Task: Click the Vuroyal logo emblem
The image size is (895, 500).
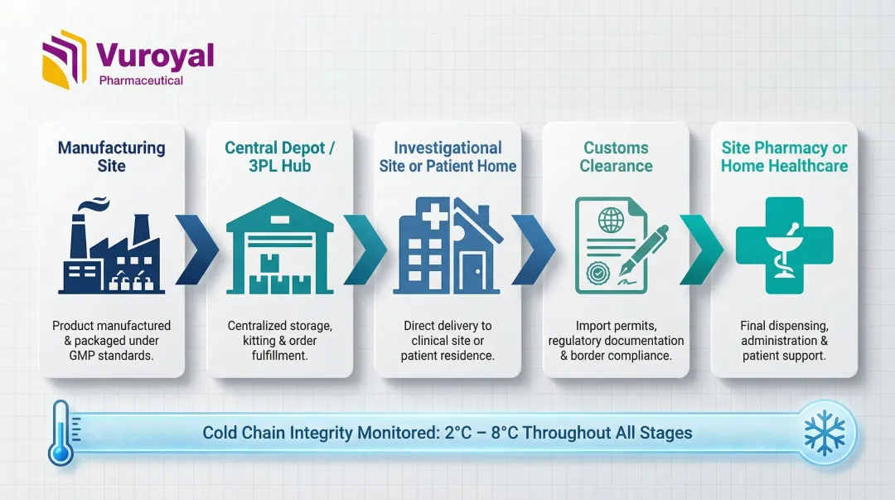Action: pos(64,60)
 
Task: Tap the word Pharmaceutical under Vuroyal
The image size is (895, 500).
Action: pos(141,80)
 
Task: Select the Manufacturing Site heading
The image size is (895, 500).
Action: pos(111,157)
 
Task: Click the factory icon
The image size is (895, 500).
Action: pos(111,245)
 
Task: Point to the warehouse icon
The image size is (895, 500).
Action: pos(280,245)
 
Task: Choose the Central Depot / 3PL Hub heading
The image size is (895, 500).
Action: pos(280,157)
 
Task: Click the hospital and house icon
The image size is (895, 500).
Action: pos(447,245)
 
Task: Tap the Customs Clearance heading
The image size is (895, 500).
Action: pos(616,157)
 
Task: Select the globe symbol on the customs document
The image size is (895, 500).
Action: pos(611,220)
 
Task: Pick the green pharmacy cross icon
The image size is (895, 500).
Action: pos(784,245)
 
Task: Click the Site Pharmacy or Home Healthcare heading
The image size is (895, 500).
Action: pos(784,157)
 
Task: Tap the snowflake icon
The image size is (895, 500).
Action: pos(825,434)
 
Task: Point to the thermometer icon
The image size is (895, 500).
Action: pos(62,433)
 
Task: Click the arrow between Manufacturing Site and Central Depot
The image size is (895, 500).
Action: pos(196,249)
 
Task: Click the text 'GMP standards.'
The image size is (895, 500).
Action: pos(111,356)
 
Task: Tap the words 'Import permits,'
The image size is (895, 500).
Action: pos(616,326)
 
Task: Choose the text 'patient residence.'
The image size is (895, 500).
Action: pos(447,356)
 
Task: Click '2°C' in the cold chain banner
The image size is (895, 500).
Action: pos(457,433)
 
